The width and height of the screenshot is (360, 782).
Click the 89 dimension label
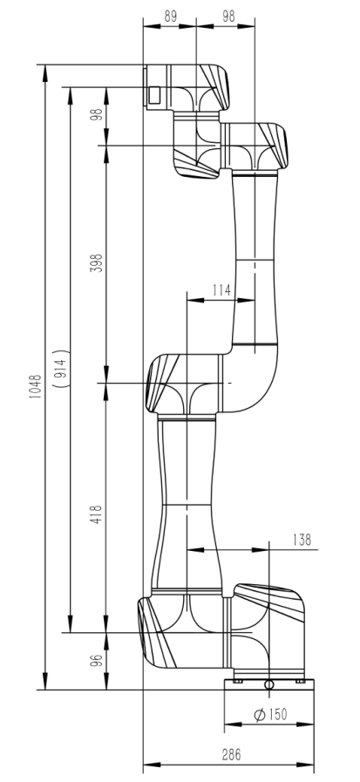(171, 16)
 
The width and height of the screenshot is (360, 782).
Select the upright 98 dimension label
(228, 16)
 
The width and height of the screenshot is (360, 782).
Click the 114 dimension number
(221, 289)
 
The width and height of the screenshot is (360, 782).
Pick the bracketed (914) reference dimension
(61, 368)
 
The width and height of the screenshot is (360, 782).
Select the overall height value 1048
(36, 387)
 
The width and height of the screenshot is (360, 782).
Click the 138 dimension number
(302, 540)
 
